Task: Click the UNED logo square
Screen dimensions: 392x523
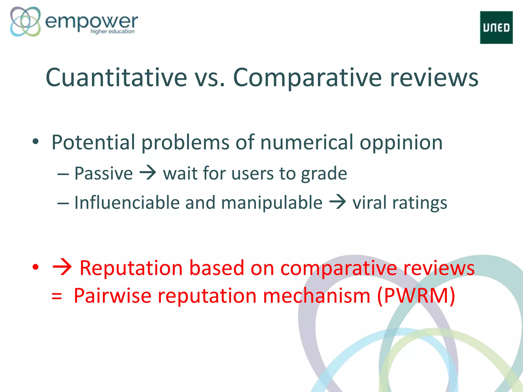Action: point(496,28)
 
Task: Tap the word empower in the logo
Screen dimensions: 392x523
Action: point(91,22)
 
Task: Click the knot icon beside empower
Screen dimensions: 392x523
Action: point(25,21)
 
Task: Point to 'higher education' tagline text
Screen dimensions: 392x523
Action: point(112,31)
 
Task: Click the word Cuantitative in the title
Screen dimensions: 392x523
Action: point(116,77)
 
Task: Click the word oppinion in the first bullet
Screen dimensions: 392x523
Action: point(401,142)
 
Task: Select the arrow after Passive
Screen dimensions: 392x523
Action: point(148,173)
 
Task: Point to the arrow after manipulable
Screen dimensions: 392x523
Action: point(337,202)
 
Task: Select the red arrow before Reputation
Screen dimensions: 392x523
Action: point(62,268)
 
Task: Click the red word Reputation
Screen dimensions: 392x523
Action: point(131,268)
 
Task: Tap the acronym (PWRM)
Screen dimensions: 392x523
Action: point(416,296)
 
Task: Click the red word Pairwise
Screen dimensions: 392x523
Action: point(113,296)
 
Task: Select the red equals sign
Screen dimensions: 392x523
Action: point(56,297)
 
